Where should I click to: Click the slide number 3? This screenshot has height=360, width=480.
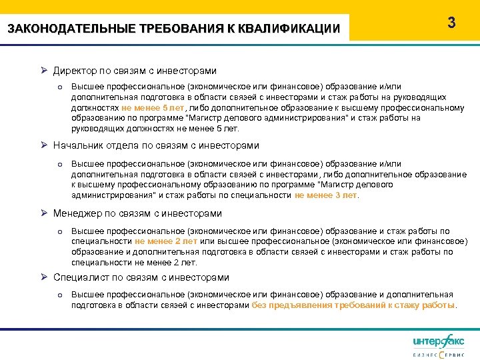[x=451, y=23]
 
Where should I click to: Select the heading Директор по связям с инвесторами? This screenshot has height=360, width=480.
[x=135, y=70]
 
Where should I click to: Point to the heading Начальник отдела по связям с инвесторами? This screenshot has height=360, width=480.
[x=156, y=145]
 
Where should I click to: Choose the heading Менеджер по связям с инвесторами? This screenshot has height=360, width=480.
[x=137, y=213]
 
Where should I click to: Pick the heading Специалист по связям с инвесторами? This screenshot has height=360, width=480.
[x=141, y=277]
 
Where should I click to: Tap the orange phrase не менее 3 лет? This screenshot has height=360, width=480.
[x=326, y=195]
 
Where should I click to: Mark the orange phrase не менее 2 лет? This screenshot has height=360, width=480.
[x=166, y=241]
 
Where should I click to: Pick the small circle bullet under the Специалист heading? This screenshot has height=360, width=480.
[x=59, y=295]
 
